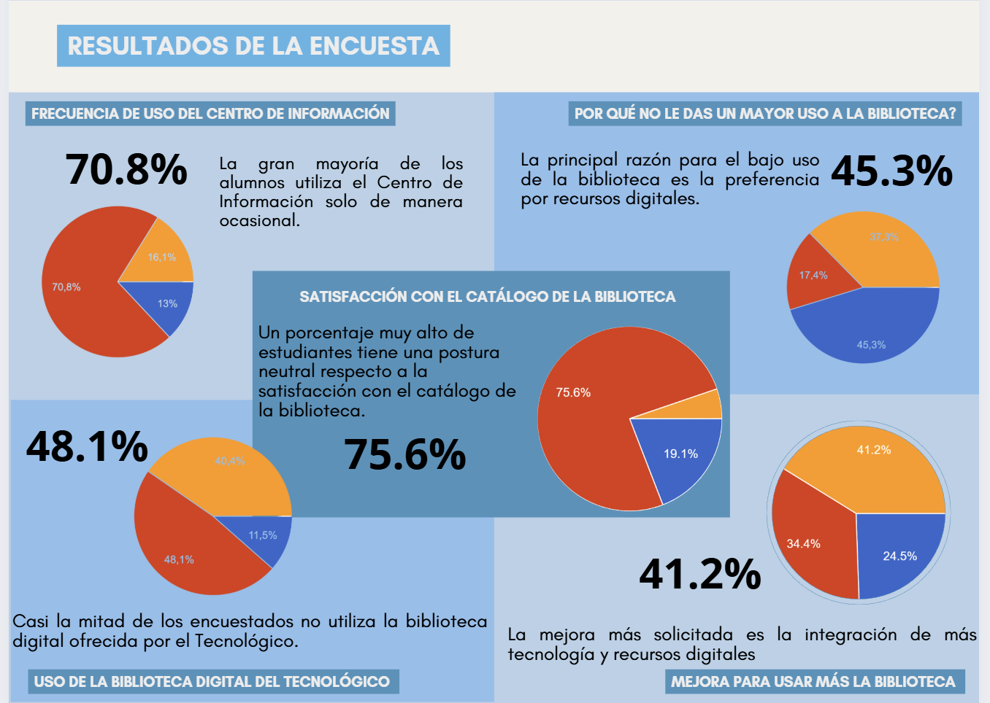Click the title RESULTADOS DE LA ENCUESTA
click(253, 46)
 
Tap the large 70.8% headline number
click(126, 169)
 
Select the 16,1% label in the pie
click(161, 257)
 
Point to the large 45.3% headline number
click(891, 171)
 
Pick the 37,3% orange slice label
click(883, 237)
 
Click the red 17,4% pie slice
click(812, 276)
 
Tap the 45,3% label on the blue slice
click(871, 345)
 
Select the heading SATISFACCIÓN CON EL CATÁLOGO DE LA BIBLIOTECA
click(487, 297)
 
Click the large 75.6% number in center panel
click(404, 454)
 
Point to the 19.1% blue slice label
click(680, 454)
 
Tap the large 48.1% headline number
click(87, 446)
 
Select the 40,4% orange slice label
click(229, 461)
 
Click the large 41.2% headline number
click(699, 574)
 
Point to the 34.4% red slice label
click(803, 544)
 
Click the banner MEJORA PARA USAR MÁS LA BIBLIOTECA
click(813, 682)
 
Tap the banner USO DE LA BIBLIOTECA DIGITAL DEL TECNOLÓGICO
click(212, 682)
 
